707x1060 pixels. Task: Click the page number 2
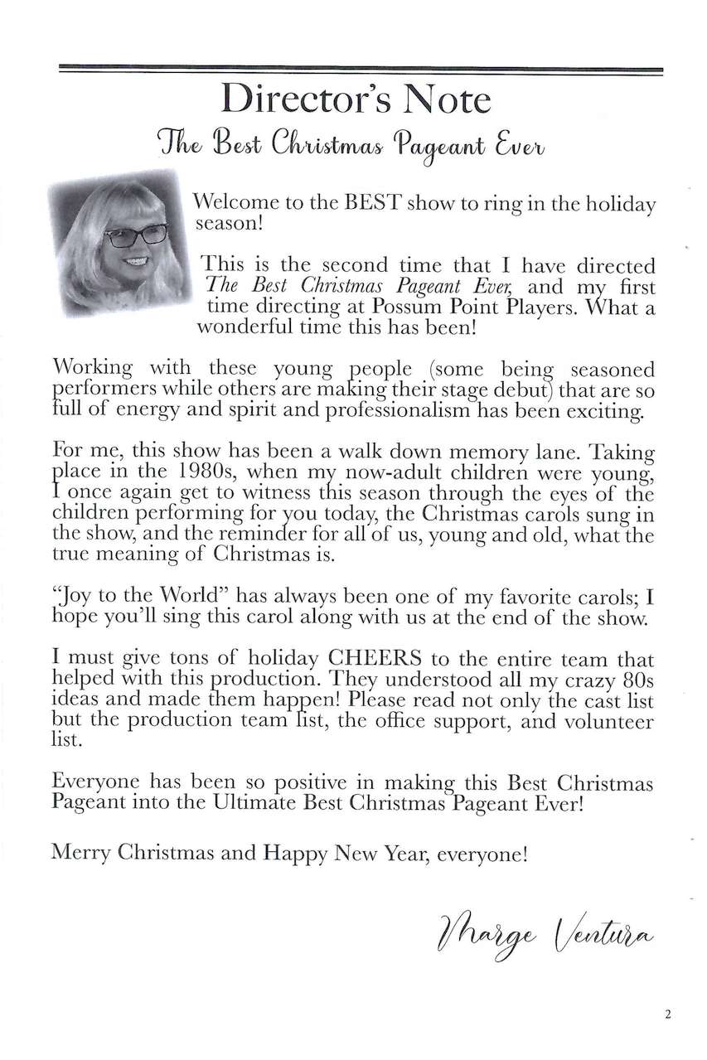coord(667,1013)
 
